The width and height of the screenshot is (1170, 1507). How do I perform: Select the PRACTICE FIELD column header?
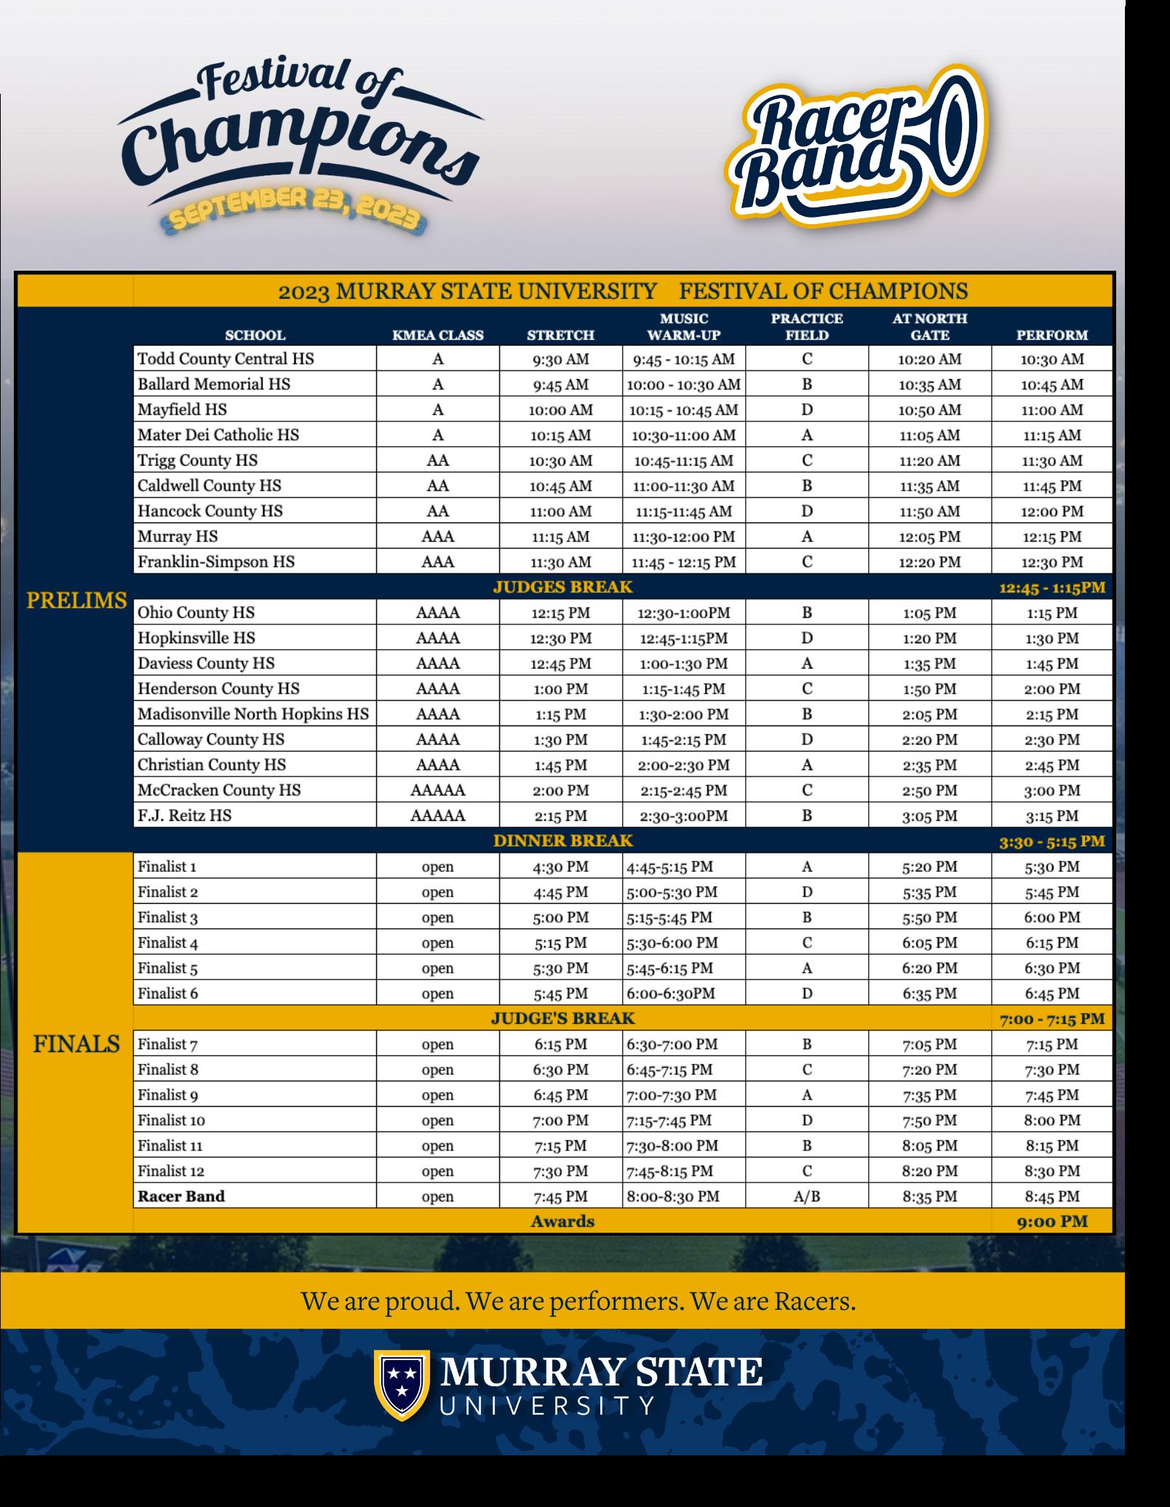tap(806, 327)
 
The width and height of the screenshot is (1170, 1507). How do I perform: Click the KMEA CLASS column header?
tap(437, 335)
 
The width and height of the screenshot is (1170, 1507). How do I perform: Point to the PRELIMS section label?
tap(76, 601)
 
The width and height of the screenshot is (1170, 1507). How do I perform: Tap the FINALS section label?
tap(76, 1044)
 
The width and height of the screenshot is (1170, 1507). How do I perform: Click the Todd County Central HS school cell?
tap(226, 359)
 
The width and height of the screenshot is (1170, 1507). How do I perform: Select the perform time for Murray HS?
tap(1052, 537)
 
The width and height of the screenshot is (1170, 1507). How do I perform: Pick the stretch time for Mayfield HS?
tap(560, 410)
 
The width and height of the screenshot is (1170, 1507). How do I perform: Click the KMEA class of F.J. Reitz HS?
tap(437, 816)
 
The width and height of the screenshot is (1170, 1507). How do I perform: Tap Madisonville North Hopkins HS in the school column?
tap(253, 714)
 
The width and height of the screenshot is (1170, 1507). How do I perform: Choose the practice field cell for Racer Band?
tap(806, 1196)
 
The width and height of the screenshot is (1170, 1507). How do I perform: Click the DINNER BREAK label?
tap(562, 841)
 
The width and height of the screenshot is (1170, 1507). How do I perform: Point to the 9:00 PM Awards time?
tap(1052, 1222)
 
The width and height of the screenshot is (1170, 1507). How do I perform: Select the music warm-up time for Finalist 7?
tap(672, 1044)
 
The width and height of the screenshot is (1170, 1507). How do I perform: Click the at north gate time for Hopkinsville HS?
tap(929, 638)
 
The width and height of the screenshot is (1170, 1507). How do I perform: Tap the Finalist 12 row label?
tap(172, 1171)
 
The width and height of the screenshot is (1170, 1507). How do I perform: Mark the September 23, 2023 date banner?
tap(294, 216)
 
